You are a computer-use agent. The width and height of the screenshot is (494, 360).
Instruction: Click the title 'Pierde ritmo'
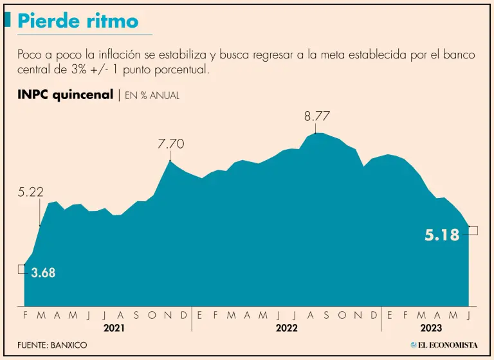tap(78, 21)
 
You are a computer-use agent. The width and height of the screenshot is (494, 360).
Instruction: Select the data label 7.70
tap(171, 144)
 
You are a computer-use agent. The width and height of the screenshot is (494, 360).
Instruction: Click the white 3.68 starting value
tap(43, 273)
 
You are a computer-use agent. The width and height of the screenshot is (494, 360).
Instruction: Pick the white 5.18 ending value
tap(442, 235)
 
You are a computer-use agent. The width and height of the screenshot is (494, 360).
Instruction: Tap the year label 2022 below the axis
tap(286, 327)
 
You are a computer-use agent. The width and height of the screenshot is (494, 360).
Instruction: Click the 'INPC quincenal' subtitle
tap(66, 95)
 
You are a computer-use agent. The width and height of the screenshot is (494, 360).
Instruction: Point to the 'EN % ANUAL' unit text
tap(152, 96)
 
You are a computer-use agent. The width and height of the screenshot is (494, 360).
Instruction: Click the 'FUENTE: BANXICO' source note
tap(52, 345)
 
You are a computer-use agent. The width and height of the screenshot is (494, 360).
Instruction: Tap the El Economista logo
tap(444, 345)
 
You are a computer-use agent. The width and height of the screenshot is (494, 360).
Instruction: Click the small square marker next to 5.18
tap(473, 230)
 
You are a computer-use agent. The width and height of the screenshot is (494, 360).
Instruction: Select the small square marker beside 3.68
tap(22, 269)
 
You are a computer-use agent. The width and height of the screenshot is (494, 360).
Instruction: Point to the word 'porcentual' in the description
tap(178, 69)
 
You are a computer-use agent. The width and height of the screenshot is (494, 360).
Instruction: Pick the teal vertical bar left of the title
tap(8, 21)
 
